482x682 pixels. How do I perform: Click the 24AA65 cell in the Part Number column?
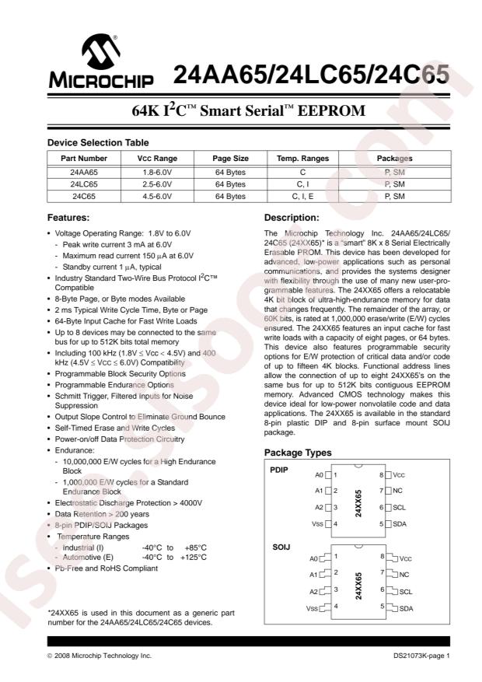pyautogui.click(x=84, y=171)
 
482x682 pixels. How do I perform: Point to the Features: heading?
pyautogui.click(x=69, y=218)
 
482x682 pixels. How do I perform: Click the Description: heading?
pyautogui.click(x=292, y=218)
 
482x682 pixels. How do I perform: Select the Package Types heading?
pyautogui.click(x=298, y=453)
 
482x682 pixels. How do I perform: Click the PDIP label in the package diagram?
pyautogui.click(x=278, y=470)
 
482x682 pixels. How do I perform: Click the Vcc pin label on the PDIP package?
pyautogui.click(x=398, y=474)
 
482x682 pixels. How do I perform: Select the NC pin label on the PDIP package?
pyautogui.click(x=396, y=491)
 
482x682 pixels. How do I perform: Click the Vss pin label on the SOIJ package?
pyautogui.click(x=312, y=608)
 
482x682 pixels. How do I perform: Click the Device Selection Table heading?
pyautogui.click(x=98, y=142)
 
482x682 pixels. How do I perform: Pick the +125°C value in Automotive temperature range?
pyautogui.click(x=191, y=557)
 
